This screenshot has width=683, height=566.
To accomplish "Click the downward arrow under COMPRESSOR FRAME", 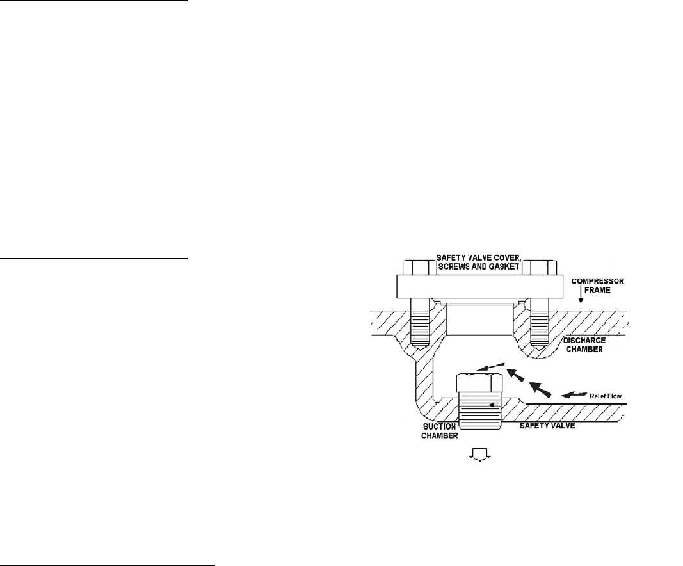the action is (580, 296).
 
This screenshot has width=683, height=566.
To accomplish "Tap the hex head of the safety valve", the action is (479, 384).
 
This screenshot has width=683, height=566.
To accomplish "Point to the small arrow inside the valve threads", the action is (492, 405).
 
